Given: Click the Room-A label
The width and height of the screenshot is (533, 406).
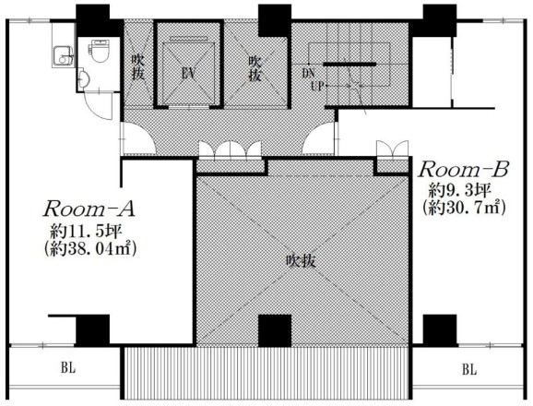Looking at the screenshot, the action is pos(89,209).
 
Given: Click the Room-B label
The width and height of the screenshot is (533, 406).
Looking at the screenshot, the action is pos(464,170).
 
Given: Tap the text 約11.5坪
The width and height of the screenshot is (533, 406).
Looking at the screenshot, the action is pos(86,233).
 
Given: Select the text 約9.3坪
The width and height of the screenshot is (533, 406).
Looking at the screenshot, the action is pos(459,190).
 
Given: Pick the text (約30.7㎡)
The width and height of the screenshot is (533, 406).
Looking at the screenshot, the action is pos(464,208).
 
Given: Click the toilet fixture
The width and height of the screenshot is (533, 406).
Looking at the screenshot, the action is pos(100,51).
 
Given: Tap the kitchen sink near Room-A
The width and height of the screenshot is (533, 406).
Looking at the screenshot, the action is pos(64,56).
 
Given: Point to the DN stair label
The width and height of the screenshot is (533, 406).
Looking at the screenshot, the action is pos(308,73).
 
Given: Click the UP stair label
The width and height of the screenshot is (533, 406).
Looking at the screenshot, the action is pos(317,86).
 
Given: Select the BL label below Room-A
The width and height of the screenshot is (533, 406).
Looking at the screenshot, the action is pos(68,368).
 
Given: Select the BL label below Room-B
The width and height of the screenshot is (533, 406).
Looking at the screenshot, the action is pos(469,369).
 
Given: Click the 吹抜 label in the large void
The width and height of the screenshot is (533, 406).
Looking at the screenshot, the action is pos(302,261).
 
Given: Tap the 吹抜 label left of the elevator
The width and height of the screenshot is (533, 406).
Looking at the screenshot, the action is pos(137,67).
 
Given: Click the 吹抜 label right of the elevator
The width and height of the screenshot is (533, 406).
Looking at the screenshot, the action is pos(255,68).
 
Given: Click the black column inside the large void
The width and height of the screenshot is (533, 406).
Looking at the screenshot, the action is pos(275,330).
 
